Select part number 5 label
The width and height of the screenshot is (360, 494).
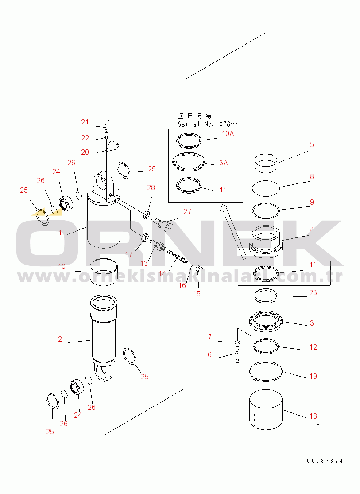point(312,144)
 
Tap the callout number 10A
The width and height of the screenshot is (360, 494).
point(228,133)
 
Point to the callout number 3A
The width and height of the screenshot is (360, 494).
point(223,163)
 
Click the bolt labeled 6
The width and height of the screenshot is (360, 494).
point(237,355)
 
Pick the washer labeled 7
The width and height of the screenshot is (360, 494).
point(237,342)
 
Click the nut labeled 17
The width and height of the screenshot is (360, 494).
point(143,239)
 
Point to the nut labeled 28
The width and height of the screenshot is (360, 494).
point(146,215)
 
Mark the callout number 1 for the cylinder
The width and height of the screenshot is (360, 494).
point(60,232)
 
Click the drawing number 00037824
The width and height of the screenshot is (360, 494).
point(325,461)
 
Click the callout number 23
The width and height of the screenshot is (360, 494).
point(313,292)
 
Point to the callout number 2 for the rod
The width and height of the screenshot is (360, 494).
point(60,339)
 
